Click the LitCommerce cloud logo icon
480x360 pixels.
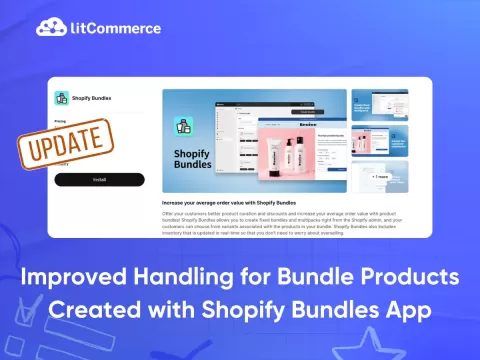tap(49, 28)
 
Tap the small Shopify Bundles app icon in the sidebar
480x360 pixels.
tap(62, 100)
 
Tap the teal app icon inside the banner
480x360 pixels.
tap(184, 127)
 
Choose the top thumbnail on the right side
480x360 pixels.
tap(379, 104)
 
